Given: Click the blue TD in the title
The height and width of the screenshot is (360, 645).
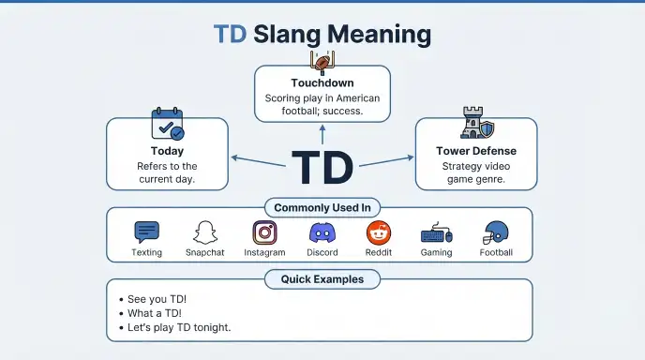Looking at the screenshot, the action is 230,34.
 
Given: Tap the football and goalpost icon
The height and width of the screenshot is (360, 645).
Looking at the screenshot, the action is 322,63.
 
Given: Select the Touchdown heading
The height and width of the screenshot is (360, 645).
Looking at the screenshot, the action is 322,83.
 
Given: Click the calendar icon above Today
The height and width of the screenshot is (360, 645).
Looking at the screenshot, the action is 168,124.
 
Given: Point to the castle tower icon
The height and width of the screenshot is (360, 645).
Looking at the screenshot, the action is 477,123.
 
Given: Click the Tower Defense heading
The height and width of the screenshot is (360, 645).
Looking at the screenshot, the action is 476,151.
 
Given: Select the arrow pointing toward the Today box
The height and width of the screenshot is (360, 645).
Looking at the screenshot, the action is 259,161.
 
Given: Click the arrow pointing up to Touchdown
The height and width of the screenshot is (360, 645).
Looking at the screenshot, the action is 322,135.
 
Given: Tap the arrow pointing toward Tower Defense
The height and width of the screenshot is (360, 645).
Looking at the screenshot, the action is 386,161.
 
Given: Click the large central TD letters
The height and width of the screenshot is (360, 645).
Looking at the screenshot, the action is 322,168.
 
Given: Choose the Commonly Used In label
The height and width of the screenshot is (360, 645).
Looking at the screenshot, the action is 322,208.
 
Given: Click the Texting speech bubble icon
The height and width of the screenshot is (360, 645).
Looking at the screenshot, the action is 147,232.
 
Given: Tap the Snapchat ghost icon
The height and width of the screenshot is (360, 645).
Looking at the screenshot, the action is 205,232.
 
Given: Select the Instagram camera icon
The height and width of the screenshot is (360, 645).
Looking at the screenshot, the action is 264,232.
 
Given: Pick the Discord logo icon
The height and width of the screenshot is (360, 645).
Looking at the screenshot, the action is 322,232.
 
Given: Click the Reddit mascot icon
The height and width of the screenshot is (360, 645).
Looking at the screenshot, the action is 379,232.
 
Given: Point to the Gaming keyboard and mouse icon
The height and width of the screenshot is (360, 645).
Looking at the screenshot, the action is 437,233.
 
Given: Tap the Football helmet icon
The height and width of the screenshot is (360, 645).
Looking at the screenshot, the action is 496,232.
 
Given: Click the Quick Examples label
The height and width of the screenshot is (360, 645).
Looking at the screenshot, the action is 322,279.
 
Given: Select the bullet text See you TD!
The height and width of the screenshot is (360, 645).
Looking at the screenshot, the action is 157,299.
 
